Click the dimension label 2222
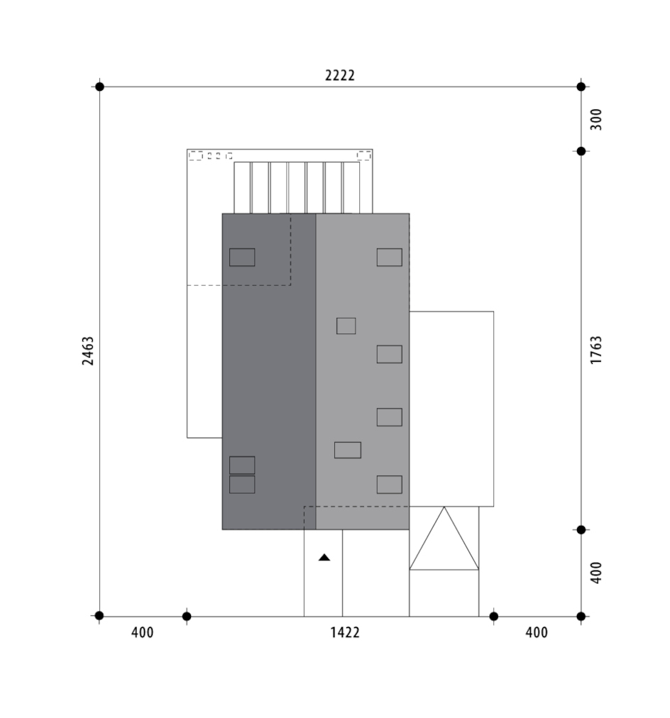pos(340,75)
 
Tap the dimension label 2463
pos(88,350)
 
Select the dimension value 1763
pos(595,350)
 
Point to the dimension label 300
pos(595,119)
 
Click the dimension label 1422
pos(345,633)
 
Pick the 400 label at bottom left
pos(143,633)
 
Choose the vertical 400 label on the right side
pos(595,573)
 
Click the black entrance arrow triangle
pos(324,557)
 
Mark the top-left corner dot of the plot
pos(99,87)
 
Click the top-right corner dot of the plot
pos(581,87)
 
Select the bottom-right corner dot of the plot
pos(581,617)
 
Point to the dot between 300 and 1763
pos(581,151)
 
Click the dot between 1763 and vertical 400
pos(581,530)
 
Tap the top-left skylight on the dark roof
pos(242,258)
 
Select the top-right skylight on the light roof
pos(389,258)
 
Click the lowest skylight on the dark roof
pos(242,485)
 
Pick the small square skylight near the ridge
pos(346,326)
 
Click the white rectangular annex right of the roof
pos(451,409)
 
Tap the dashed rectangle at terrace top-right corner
pos(363,155)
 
